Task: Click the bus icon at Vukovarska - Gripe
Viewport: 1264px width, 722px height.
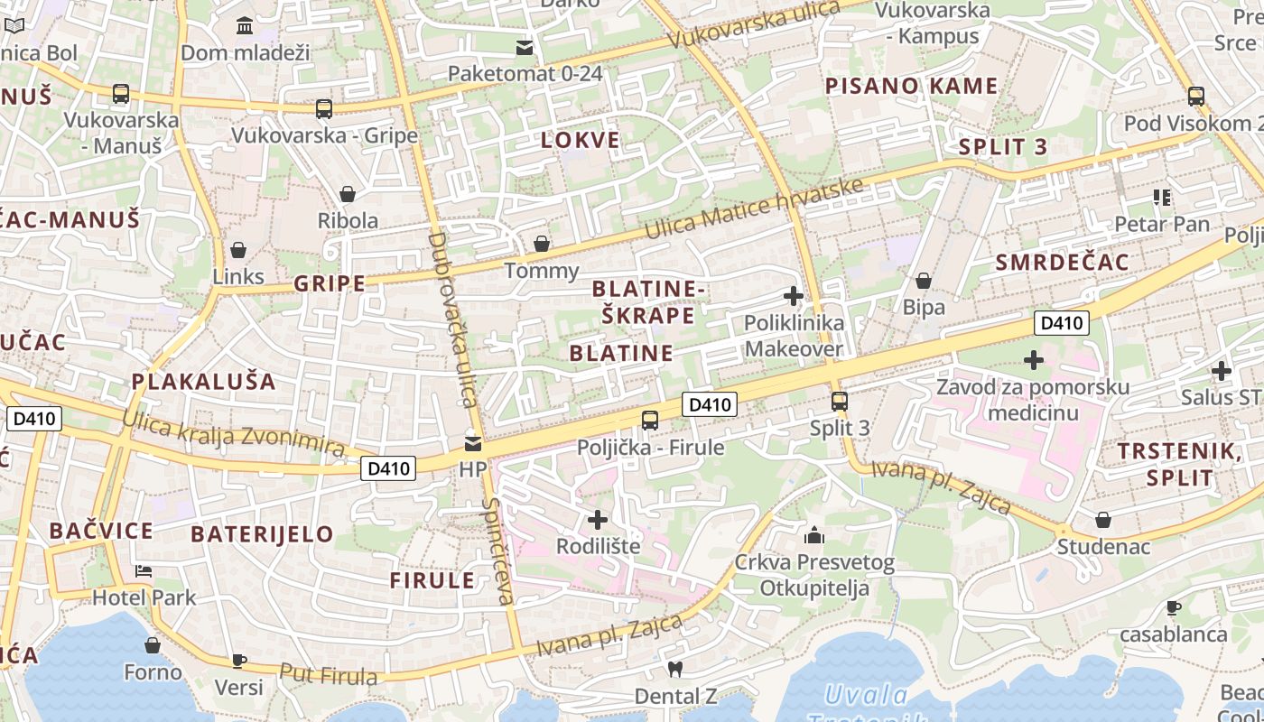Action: [x=324, y=109]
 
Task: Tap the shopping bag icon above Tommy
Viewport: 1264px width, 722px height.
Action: [x=541, y=244]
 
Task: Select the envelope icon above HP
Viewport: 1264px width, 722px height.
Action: [x=472, y=444]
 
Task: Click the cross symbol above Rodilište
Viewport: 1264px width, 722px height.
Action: [x=598, y=520]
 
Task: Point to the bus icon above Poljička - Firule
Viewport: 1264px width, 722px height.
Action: [x=650, y=420]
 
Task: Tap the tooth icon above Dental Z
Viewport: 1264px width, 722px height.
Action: [x=674, y=670]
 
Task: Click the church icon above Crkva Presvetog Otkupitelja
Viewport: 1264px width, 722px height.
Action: [x=814, y=536]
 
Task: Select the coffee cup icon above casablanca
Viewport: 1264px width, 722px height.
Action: [x=1174, y=607]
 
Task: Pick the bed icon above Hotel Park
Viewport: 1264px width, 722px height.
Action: [x=144, y=571]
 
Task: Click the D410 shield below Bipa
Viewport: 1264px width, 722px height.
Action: [x=1062, y=323]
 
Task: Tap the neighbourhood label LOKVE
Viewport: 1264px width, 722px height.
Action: [x=581, y=140]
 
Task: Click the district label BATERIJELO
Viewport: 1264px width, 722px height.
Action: [x=263, y=533]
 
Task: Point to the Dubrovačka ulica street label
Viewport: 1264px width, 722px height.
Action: [x=451, y=320]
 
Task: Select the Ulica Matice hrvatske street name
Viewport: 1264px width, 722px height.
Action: [x=755, y=208]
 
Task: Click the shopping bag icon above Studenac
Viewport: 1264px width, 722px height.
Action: [x=1103, y=520]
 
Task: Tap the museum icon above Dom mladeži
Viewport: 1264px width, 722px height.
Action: [x=245, y=26]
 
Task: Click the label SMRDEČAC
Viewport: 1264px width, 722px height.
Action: [x=1062, y=263]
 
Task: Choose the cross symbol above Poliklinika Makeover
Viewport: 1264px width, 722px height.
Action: [x=794, y=296]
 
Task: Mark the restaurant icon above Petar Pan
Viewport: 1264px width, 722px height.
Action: [x=1161, y=197]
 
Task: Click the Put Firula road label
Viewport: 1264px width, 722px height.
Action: [x=328, y=674]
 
